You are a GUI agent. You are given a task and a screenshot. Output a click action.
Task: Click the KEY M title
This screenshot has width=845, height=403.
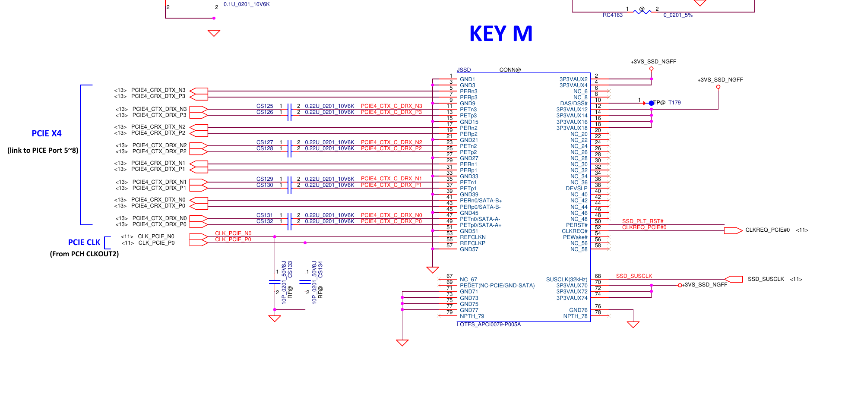(500, 34)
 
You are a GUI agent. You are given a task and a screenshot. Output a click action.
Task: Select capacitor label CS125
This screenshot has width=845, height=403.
(265, 106)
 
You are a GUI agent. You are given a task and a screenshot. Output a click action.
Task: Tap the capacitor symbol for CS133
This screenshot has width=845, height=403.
(275, 282)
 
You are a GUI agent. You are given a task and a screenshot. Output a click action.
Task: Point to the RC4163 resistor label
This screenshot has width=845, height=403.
(612, 15)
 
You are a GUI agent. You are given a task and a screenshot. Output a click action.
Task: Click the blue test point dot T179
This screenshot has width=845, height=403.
(651, 103)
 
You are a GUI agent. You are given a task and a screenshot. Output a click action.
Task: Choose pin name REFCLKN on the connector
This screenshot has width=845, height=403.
(472, 237)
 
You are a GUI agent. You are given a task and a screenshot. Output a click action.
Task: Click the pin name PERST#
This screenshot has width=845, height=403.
(576, 225)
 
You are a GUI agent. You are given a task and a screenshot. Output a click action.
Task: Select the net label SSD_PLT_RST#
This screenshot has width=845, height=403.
(642, 221)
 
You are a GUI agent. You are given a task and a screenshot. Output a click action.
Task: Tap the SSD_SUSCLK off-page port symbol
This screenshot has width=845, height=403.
(734, 279)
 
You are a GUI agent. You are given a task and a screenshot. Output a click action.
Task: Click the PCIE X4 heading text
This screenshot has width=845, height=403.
(47, 133)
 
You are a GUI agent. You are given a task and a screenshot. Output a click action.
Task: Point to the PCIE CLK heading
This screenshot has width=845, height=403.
(84, 242)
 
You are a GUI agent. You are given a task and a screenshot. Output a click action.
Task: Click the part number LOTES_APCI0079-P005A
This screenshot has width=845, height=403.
(489, 324)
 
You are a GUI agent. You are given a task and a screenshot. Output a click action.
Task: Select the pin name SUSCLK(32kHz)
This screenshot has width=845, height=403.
(566, 279)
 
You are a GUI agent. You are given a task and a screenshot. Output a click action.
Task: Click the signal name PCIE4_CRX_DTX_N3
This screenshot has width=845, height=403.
(158, 90)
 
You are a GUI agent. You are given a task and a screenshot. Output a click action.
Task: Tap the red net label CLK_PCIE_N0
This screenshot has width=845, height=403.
(233, 233)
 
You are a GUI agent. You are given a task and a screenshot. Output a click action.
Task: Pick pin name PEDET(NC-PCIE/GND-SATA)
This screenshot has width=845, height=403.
(497, 285)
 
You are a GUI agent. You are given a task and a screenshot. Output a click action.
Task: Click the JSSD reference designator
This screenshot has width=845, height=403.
(464, 69)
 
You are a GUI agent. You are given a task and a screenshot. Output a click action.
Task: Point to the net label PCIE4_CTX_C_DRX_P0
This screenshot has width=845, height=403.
(391, 221)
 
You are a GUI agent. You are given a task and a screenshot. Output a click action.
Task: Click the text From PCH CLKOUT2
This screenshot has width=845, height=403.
(84, 254)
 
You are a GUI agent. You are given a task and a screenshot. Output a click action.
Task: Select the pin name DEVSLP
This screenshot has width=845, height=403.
(576, 188)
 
